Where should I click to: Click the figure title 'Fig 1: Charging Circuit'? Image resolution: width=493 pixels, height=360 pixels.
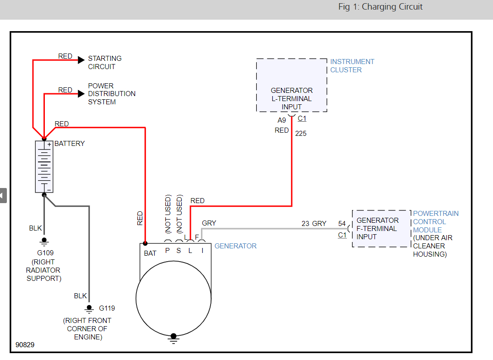[380, 7]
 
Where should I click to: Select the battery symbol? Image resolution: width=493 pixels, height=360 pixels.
[44, 167]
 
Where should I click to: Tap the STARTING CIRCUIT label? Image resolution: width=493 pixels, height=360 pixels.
[105, 62]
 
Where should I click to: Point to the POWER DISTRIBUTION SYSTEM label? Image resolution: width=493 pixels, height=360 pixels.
[112, 94]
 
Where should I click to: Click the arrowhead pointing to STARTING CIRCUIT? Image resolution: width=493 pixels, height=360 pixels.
[81, 59]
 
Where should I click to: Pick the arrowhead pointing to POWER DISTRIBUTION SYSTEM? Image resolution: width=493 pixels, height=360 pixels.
[81, 94]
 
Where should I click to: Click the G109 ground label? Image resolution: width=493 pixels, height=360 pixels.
[46, 253]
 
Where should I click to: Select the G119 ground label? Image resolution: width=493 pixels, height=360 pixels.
[107, 308]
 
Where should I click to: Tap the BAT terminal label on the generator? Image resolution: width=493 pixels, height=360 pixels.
[150, 253]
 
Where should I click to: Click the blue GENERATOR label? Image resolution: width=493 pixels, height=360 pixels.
[235, 246]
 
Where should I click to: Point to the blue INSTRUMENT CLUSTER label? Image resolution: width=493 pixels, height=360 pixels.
[352, 66]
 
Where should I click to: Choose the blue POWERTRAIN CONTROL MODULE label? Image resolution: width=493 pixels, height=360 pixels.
[435, 221]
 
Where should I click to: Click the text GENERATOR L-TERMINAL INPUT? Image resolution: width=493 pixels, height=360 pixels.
[292, 98]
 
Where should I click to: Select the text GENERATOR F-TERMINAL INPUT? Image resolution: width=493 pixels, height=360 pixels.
[377, 228]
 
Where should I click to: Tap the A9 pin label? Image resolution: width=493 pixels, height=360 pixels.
[282, 120]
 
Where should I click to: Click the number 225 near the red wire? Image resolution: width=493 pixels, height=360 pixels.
[301, 134]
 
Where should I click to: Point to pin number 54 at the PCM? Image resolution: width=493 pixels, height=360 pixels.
[342, 224]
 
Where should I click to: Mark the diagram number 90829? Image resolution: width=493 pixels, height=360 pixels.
[25, 344]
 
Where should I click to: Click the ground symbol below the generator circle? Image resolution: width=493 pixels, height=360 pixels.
[173, 338]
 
